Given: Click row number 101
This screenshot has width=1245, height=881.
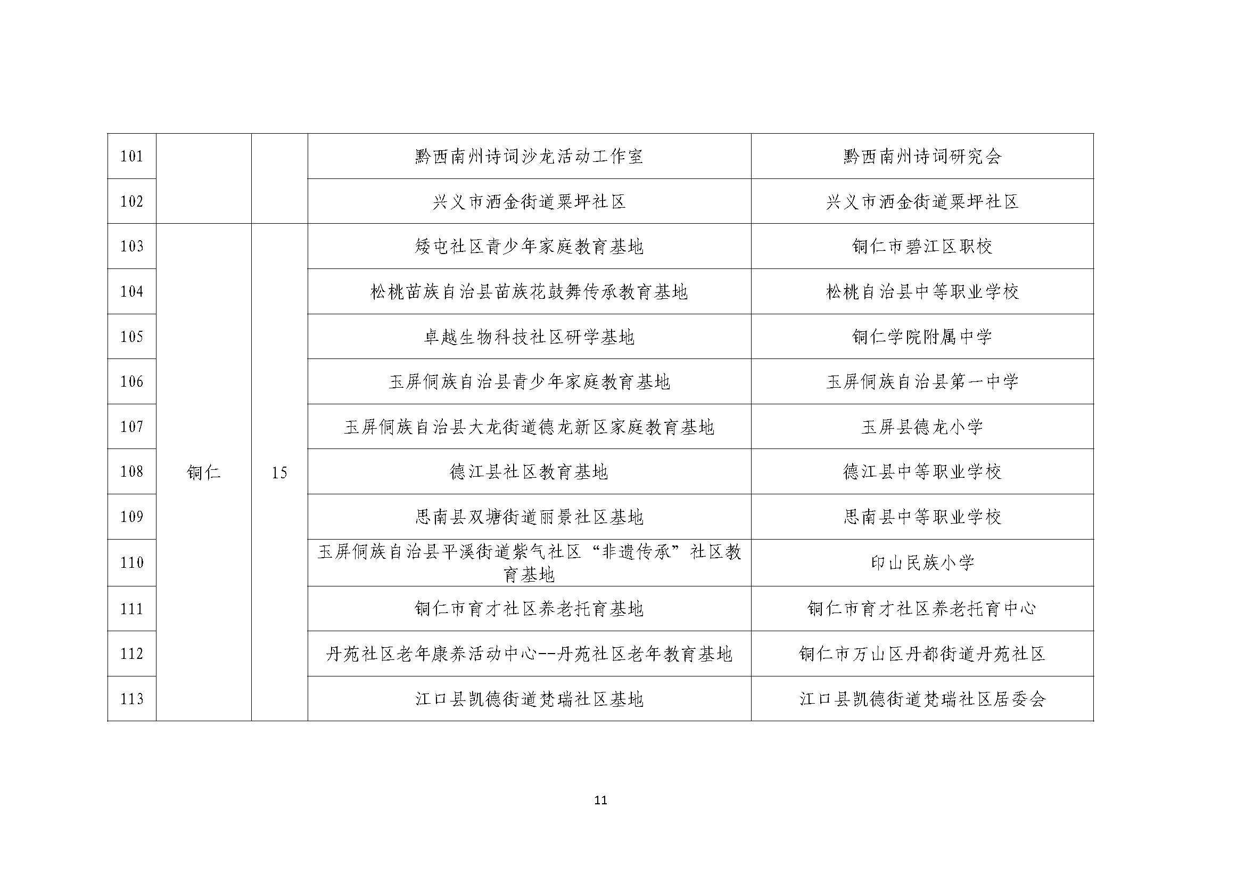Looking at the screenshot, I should [131, 157].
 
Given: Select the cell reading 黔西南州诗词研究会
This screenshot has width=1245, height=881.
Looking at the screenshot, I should [922, 157].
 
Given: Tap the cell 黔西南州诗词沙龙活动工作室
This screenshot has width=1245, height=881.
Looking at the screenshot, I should [529, 157].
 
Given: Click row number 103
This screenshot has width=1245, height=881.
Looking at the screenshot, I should [131, 247].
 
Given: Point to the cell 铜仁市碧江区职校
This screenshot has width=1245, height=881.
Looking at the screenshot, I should [922, 247].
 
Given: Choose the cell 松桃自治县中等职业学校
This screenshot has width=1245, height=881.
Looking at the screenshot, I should [922, 292].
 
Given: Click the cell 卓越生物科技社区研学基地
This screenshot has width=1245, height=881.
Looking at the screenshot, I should [529, 337].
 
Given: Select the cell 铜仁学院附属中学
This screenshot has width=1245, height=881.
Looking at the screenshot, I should [922, 337].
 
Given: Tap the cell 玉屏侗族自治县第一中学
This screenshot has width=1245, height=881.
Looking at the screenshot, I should [922, 382].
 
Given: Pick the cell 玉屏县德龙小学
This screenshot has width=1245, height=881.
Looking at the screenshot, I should [922, 427].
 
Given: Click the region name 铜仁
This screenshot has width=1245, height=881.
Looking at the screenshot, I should [203, 472].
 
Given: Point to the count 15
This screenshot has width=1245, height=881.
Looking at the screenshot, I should [279, 472].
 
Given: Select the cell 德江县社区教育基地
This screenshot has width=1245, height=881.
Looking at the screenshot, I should [529, 472].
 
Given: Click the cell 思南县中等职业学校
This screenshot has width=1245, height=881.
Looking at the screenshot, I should [922, 517].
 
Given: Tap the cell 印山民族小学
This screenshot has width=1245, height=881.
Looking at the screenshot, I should [922, 563].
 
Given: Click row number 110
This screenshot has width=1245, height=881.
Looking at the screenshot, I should [131, 563].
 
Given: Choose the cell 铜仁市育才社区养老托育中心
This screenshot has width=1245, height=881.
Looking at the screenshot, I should [922, 609].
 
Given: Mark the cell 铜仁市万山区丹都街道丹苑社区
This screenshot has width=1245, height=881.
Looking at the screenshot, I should [922, 654].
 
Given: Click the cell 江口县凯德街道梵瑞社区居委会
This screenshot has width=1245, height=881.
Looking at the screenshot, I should [922, 699].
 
